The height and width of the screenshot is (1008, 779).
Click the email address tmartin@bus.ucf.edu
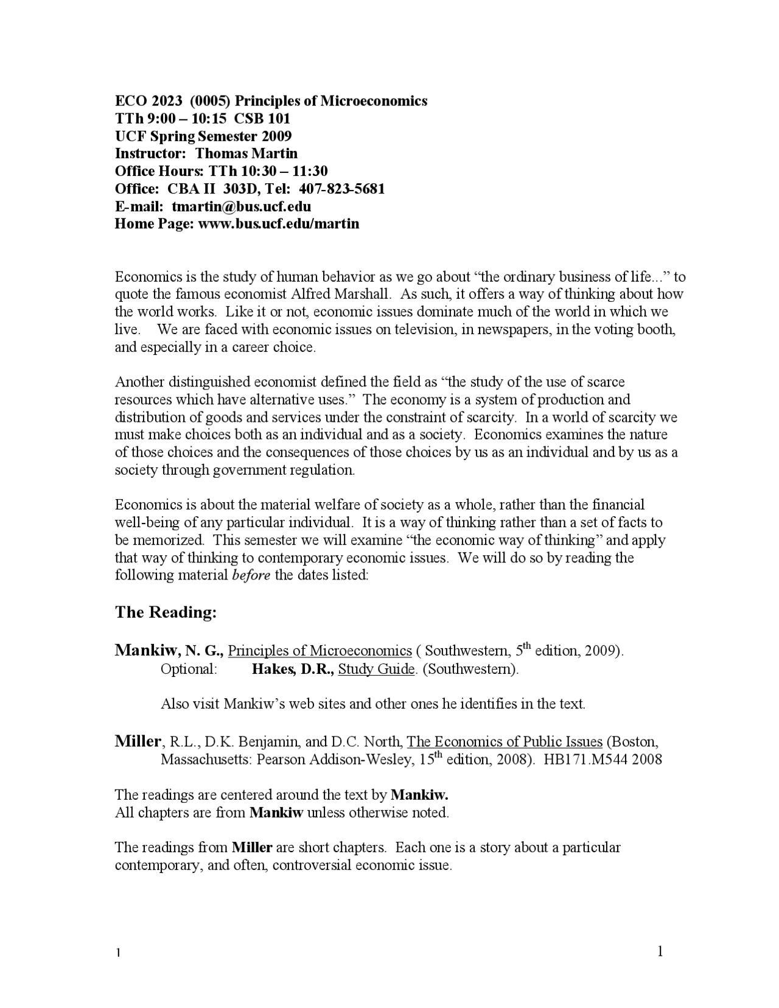[241, 206]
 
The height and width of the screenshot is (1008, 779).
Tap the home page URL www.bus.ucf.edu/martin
[279, 224]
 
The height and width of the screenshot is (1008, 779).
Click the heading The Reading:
[166, 612]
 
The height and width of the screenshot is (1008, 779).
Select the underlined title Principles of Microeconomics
[320, 651]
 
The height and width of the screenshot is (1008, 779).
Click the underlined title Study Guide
[376, 669]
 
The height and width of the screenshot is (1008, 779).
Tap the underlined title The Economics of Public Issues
[505, 742]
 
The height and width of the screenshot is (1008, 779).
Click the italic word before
[251, 575]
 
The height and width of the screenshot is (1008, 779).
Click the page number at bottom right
[660, 951]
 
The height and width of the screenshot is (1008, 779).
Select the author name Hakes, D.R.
[293, 669]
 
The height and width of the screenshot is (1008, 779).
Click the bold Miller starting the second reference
[138, 741]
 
